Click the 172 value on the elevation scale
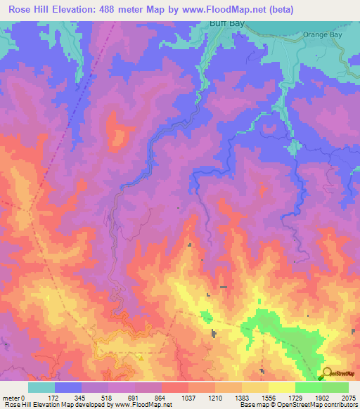(54, 398)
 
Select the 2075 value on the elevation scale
(348, 398)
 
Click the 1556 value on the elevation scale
(269, 398)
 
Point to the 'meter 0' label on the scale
(13, 398)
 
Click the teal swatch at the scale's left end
(41, 387)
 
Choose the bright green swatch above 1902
(308, 387)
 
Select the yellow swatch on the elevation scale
(281, 387)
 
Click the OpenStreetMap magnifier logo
(326, 375)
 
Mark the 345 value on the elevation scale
(82, 398)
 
